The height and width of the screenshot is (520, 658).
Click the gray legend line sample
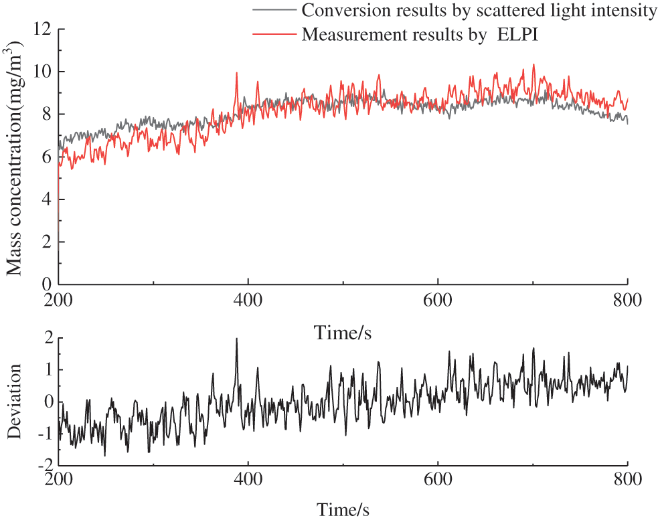click(274, 11)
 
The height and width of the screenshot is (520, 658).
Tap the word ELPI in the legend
click(519, 35)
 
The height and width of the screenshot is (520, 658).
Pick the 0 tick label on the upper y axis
click(47, 284)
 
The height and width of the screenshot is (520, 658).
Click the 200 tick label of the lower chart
click(59, 480)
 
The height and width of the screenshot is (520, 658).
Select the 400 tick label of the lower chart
click(248, 480)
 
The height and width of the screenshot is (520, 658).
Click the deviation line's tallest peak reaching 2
click(236, 339)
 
